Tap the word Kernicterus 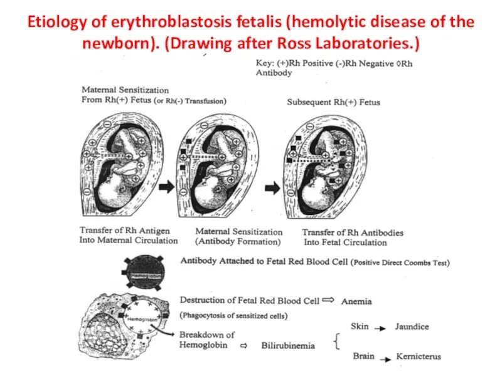tap(418, 357)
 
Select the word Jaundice tap(412, 327)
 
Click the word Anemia tap(356, 301)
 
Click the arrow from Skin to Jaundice tap(380, 327)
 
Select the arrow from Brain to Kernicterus tap(385, 357)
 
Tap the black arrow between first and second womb tap(166, 186)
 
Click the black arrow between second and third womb tap(271, 187)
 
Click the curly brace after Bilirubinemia tap(339, 342)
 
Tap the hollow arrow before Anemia tap(329, 300)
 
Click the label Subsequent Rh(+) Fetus tap(333, 102)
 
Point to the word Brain tap(363, 357)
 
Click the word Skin tap(360, 327)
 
